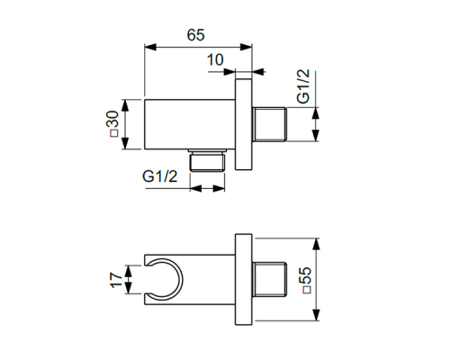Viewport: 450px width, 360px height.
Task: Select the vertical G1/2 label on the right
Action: (303, 88)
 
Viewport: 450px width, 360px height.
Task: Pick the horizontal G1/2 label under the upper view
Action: (159, 177)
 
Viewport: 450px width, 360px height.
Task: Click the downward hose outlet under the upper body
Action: (208, 161)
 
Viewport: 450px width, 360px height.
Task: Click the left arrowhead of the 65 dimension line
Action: (149, 47)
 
